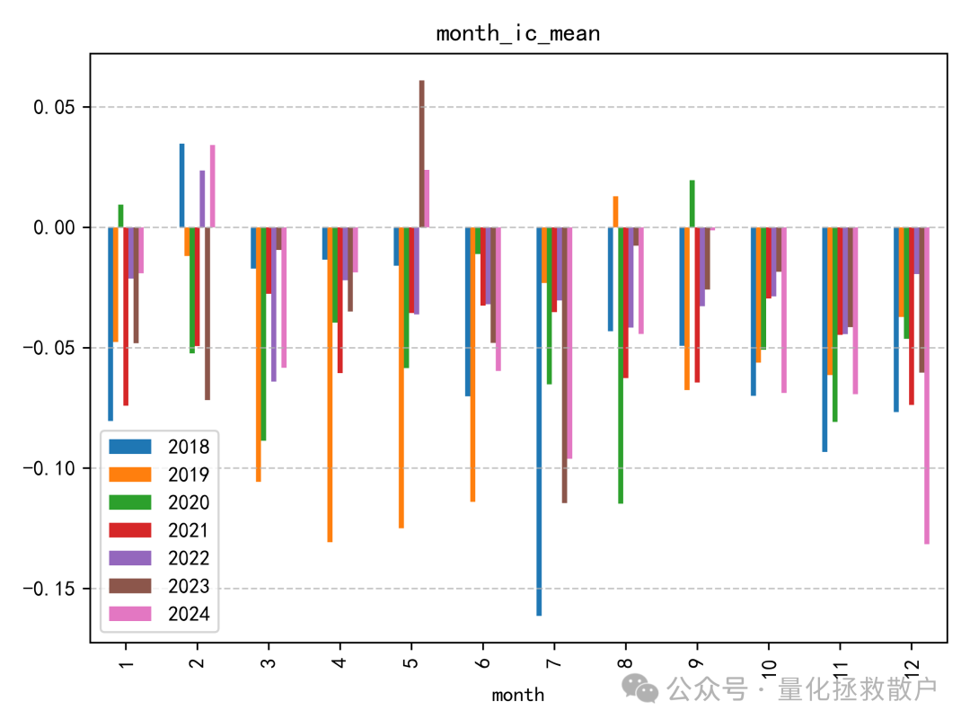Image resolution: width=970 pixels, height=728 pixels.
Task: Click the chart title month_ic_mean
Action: coord(517,34)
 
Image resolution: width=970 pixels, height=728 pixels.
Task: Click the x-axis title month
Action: coord(517,694)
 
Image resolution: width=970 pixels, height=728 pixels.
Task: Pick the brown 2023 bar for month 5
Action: coord(421,154)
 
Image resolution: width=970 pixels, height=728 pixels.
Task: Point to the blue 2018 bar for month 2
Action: coord(181,185)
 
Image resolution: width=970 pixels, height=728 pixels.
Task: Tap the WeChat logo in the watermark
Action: coord(642,688)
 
